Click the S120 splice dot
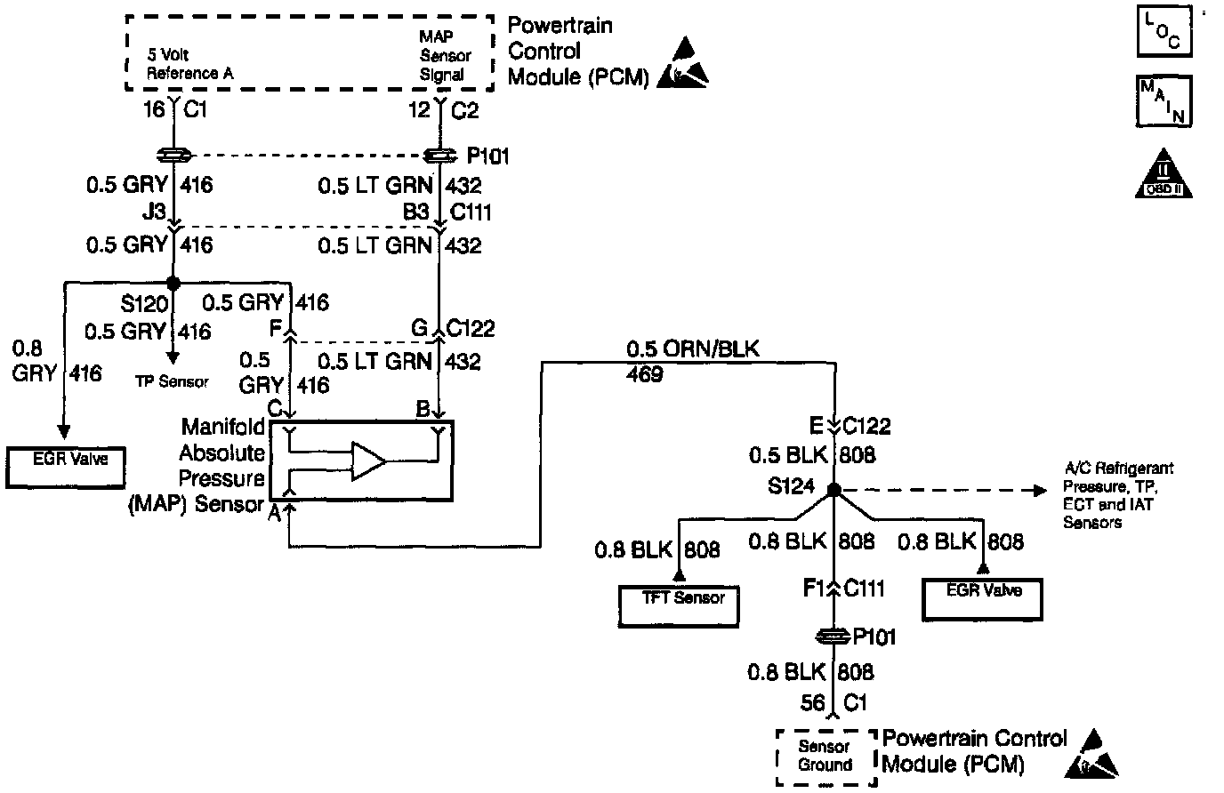(173, 282)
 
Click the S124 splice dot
(833, 490)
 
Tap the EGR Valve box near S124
(982, 598)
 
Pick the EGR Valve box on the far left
(66, 467)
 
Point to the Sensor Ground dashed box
(825, 756)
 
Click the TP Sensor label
(173, 381)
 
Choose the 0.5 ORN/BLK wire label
(693, 349)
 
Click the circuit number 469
(644, 374)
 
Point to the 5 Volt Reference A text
(189, 65)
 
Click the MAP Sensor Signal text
(445, 56)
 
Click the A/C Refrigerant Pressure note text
(1118, 495)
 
